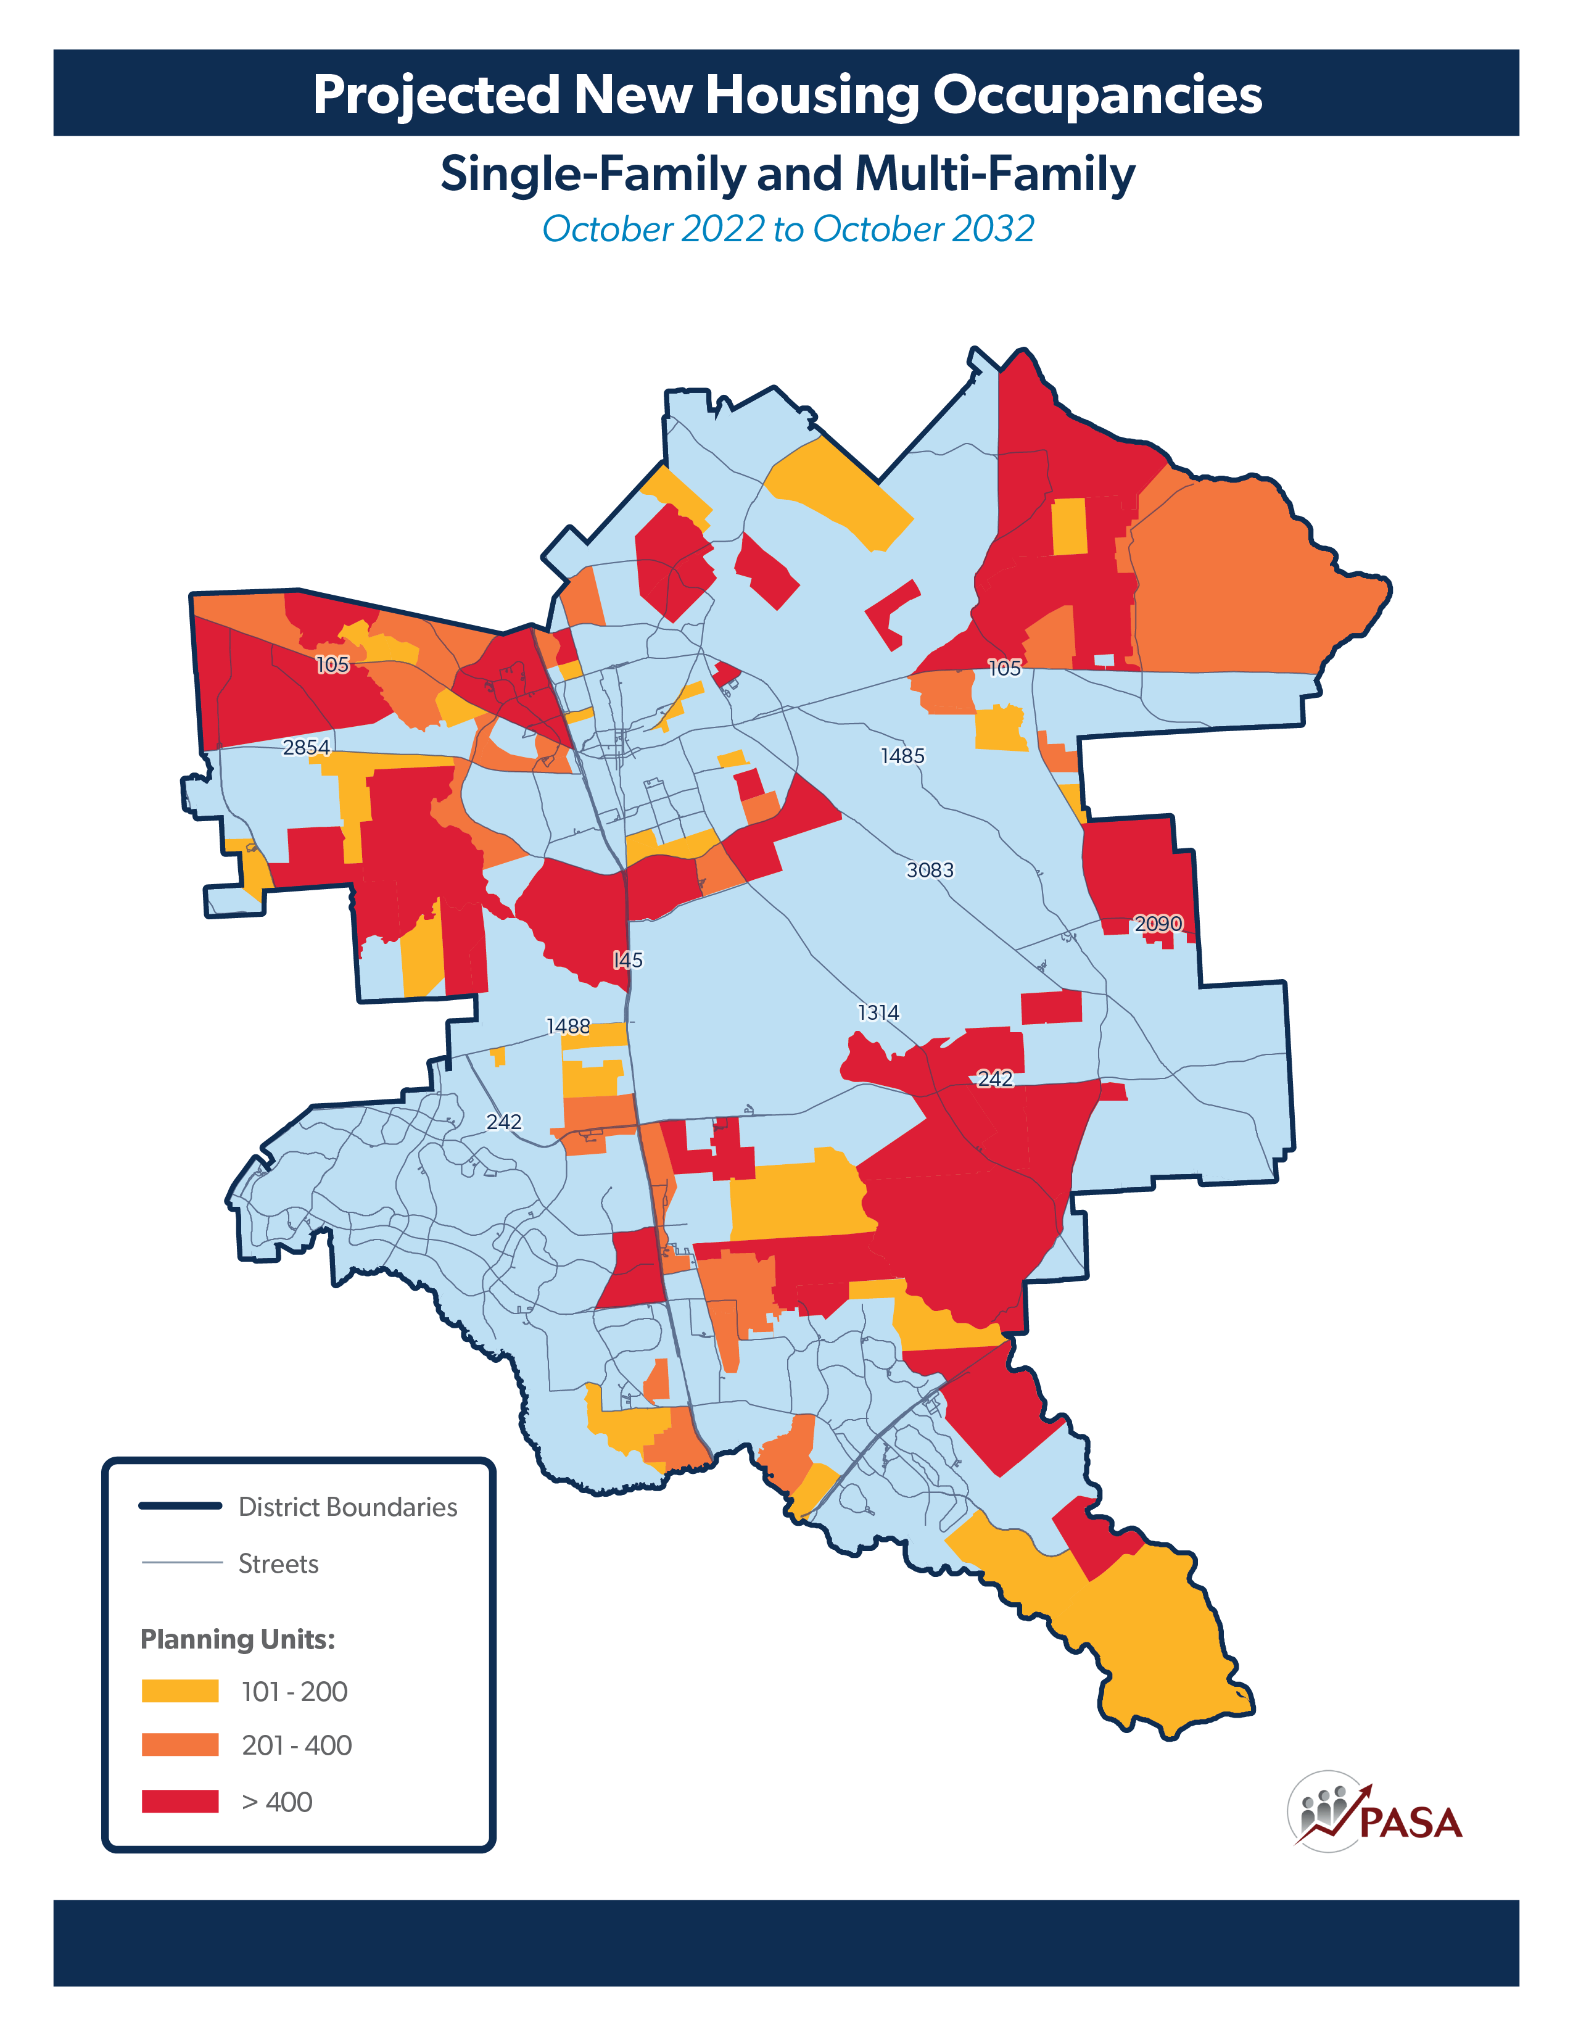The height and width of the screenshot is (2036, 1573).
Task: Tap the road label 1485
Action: pos(902,755)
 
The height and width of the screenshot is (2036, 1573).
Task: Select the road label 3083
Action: pos(929,870)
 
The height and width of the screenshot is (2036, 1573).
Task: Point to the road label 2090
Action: pos(1157,923)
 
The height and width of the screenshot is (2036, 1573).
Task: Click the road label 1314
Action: pos(878,1012)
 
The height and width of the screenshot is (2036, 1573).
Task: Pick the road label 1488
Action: pos(568,1027)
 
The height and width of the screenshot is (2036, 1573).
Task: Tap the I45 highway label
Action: pos(627,959)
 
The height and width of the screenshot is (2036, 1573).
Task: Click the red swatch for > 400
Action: pos(180,1801)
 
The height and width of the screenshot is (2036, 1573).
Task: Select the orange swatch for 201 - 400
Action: pos(180,1745)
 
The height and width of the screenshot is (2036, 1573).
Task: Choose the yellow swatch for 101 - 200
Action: pos(180,1691)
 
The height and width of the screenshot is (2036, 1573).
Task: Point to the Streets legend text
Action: pos(278,1563)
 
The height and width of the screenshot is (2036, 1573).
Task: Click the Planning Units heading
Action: pos(237,1639)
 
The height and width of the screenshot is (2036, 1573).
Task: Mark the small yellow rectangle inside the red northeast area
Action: pos(1069,526)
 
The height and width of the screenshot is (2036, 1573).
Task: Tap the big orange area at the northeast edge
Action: pos(1239,578)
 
